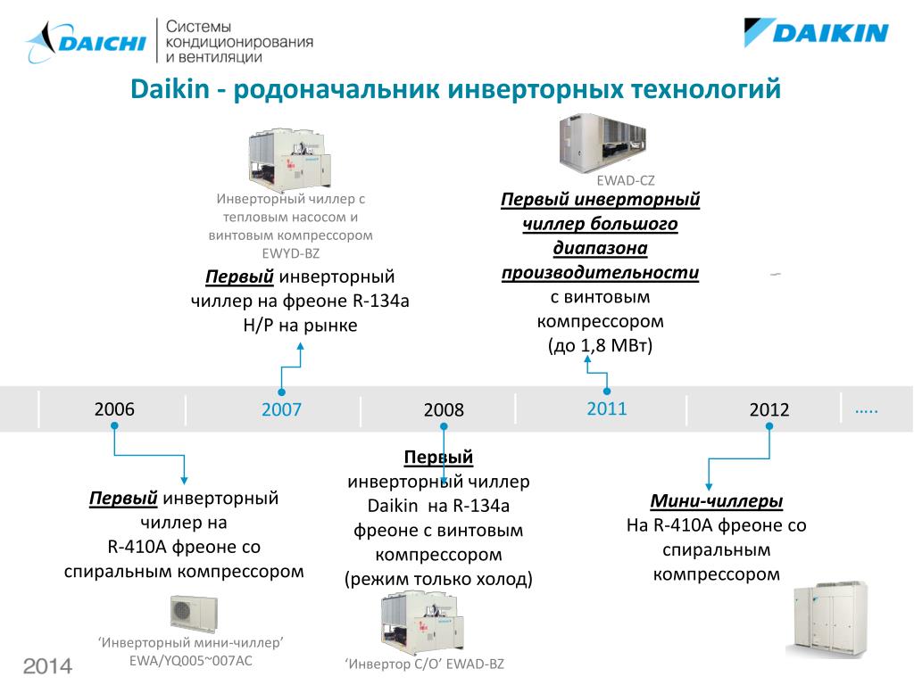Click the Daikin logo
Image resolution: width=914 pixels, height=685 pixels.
(816, 34)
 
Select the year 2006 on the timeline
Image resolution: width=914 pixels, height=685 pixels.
(114, 409)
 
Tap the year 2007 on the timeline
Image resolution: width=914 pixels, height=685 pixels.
(281, 410)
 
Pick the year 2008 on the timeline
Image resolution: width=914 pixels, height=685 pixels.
(444, 410)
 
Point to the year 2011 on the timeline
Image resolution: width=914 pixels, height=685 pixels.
(607, 409)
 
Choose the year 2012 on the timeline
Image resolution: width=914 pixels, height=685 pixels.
(769, 410)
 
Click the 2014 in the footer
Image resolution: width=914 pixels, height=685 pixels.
(47, 666)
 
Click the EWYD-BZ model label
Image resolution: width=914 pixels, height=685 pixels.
(290, 253)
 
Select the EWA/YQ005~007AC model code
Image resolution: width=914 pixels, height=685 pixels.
(191, 661)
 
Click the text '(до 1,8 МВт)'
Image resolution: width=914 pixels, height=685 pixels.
(601, 345)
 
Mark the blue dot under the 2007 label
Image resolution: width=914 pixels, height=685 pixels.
(281, 392)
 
